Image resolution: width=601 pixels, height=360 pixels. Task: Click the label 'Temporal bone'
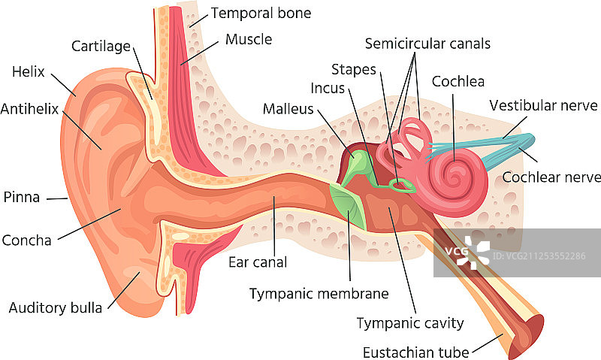point(261,13)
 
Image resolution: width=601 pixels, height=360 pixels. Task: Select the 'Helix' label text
point(29,73)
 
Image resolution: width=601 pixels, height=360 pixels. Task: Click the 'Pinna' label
point(21,198)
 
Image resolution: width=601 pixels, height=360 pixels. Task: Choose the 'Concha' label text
point(26,241)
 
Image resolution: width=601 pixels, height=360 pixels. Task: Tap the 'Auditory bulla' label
point(56,307)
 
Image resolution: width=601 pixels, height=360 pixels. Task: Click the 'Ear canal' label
point(258,262)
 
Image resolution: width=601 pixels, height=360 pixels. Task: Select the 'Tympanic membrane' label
point(319,293)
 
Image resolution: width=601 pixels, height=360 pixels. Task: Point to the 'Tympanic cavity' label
point(409,323)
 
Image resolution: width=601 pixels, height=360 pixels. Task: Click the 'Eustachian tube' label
point(415,352)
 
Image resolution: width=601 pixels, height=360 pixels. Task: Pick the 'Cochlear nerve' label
point(551,177)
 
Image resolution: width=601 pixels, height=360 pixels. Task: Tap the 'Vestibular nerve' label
point(543,105)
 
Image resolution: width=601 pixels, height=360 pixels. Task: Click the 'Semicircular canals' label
point(427,44)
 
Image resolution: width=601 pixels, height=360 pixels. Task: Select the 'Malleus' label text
point(288,109)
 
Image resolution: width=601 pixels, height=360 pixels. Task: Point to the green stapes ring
point(403,185)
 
